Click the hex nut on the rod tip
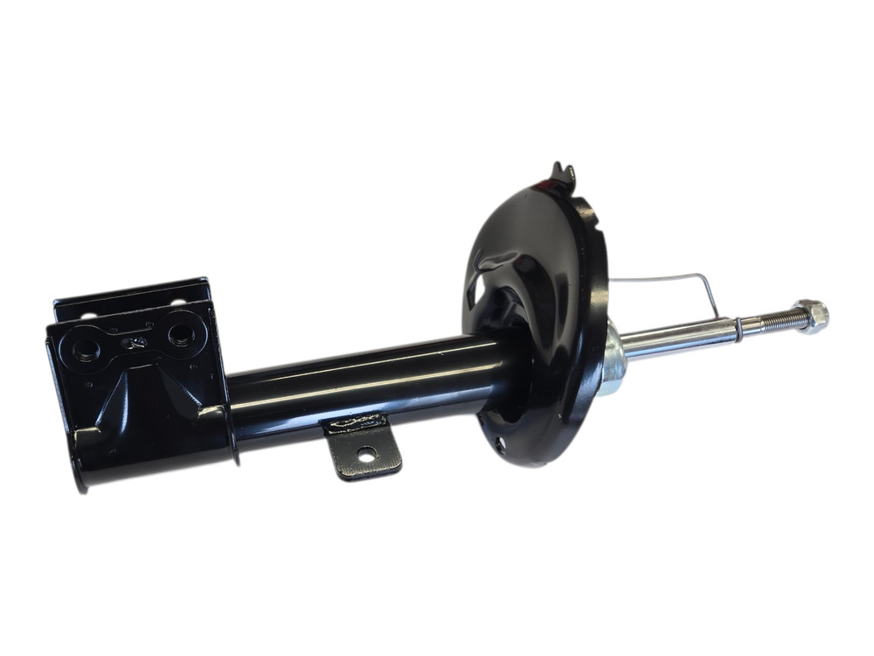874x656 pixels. pos(813,316)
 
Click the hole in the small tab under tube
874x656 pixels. pos(366,453)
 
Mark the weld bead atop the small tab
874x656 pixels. pos(354,423)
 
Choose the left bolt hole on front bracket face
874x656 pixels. pos(86,349)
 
